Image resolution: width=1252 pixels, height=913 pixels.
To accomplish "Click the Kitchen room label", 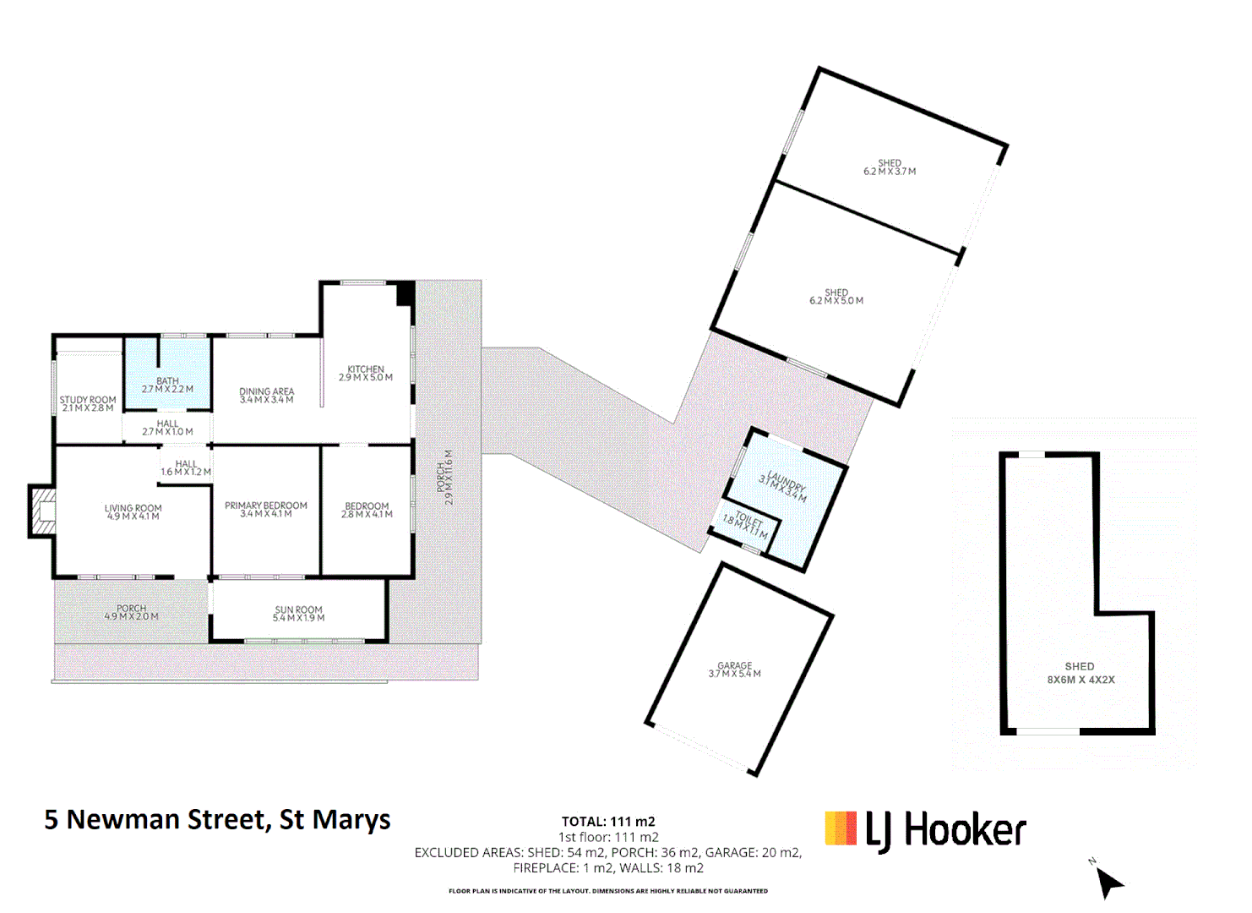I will (366, 374).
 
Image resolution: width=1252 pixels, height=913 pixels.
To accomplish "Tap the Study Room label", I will (88, 404).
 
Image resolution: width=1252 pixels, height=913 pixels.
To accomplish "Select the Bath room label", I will (167, 385).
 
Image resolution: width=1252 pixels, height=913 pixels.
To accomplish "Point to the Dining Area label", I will (266, 396).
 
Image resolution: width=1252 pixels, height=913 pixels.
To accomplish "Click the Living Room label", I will (133, 512).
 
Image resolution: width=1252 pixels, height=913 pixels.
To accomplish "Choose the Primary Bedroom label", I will (266, 510).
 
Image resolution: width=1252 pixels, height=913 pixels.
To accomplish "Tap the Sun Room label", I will (298, 614).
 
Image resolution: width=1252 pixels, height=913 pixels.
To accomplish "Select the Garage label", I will (734, 670).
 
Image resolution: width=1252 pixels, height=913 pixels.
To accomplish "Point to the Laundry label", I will (783, 487).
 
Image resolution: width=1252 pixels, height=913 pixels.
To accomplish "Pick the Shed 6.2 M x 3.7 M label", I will (890, 167).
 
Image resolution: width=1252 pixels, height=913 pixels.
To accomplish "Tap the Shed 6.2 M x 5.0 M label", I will (836, 297).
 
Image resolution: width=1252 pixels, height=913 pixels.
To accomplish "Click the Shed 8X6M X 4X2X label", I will (1081, 673).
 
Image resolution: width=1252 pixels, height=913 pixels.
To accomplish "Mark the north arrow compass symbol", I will (1108, 882).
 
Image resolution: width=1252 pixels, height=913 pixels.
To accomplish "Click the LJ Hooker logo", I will (925, 830).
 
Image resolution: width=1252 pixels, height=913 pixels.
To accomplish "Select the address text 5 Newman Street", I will (217, 820).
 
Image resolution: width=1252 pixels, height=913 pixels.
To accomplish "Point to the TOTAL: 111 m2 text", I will (608, 822).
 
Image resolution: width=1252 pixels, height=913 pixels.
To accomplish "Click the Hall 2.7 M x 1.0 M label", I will (167, 428).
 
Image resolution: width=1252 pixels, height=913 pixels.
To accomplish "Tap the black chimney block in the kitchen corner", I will (406, 292).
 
